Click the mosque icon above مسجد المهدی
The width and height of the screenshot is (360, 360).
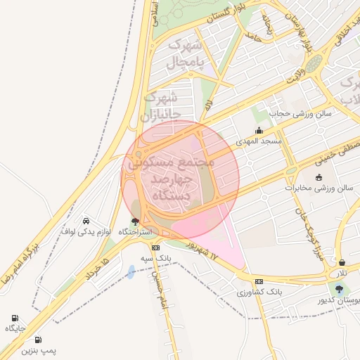click(259, 130)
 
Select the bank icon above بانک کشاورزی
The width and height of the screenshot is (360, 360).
click(259, 281)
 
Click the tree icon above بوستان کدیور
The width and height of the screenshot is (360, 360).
click(339, 289)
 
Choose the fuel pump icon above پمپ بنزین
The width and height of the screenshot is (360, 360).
click(38, 340)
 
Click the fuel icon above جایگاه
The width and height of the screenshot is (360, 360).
click(15, 318)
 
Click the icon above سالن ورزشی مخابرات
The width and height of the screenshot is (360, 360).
click(319, 177)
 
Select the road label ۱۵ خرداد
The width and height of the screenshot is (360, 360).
click(97, 269)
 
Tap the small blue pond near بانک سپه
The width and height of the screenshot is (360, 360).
click(131, 271)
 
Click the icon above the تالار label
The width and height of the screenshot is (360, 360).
click(342, 262)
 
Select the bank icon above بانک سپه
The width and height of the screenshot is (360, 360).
click(155, 247)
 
